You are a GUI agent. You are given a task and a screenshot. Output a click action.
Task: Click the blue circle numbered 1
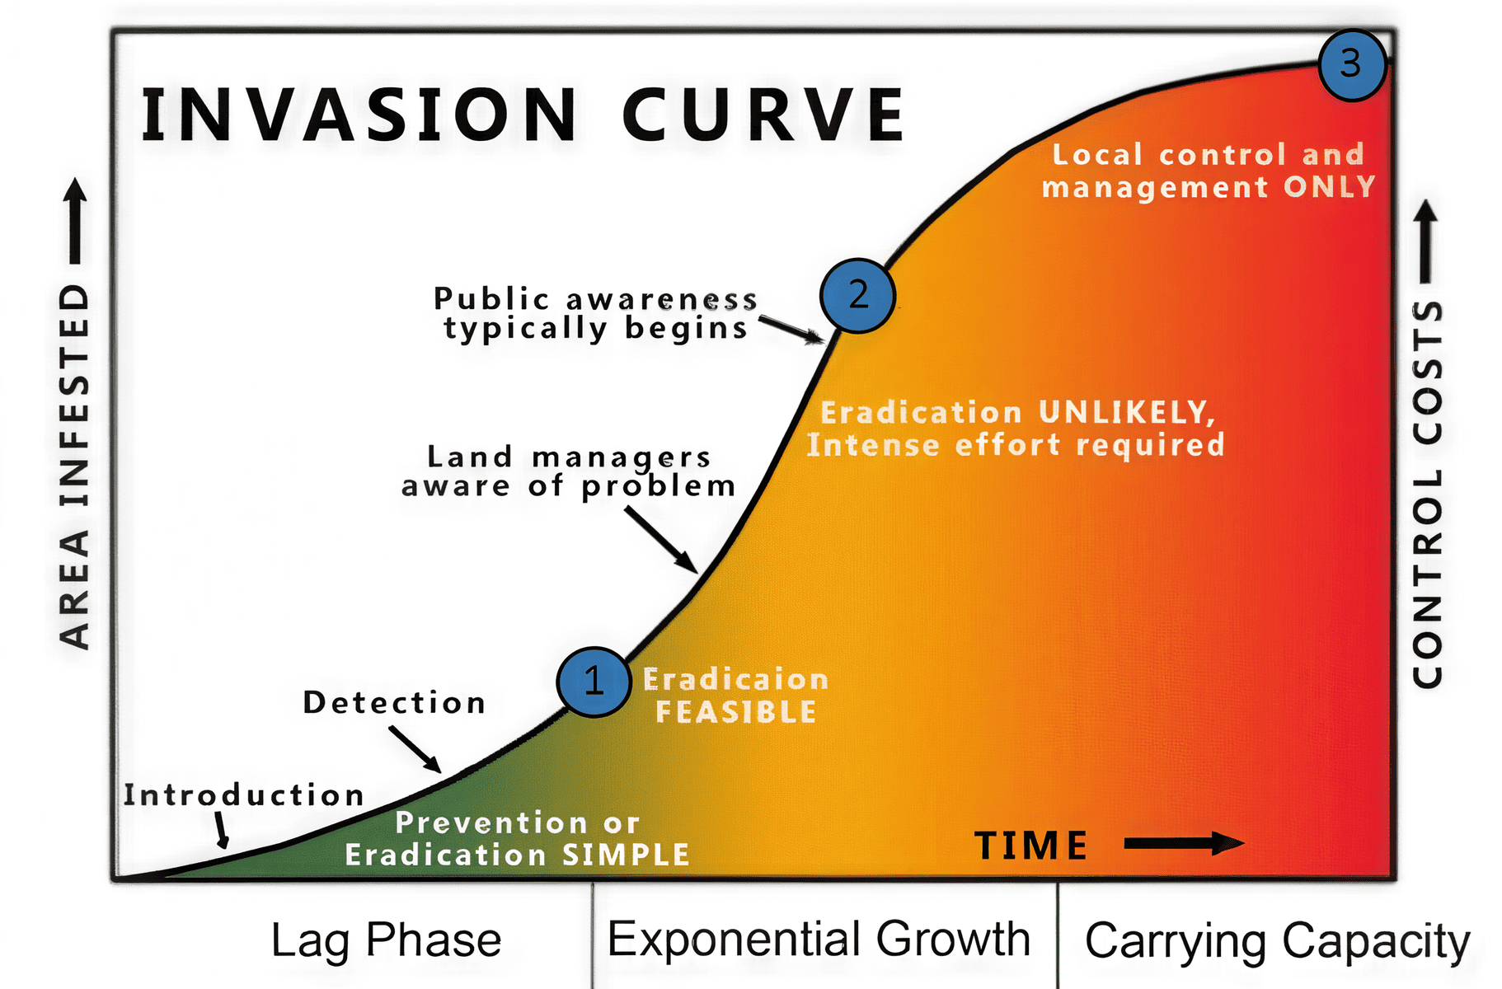coord(594,682)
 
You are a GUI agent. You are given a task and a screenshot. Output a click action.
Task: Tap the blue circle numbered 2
coord(857,295)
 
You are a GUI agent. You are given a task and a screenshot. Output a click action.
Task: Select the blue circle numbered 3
coord(1352,64)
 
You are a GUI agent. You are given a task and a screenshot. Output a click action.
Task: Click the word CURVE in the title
coord(763,115)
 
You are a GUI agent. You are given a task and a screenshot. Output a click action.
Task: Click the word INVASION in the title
coord(359,115)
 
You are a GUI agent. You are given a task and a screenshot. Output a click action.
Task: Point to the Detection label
coord(394,702)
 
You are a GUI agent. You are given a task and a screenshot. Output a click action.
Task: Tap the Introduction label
coord(244,794)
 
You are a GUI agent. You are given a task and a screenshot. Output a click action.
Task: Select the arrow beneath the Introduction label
coord(222,830)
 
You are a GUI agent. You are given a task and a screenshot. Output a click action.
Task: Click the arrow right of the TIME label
coord(1185,843)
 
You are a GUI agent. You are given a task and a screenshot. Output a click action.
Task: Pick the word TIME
coord(1031,846)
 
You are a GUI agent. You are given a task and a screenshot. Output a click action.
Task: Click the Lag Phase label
coord(386,940)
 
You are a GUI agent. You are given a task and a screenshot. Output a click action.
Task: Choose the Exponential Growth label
coord(819,939)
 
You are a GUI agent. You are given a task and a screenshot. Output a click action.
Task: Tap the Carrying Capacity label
coord(1277,941)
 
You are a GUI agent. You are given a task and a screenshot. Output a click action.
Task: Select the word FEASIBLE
coord(736,712)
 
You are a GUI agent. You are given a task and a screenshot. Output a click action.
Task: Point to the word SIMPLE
coord(626,855)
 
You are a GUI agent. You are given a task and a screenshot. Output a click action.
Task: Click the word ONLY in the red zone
coord(1330,187)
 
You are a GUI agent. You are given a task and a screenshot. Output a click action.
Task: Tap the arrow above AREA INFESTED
coord(76,221)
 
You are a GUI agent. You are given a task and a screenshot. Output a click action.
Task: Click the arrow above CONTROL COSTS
coord(1426,241)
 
